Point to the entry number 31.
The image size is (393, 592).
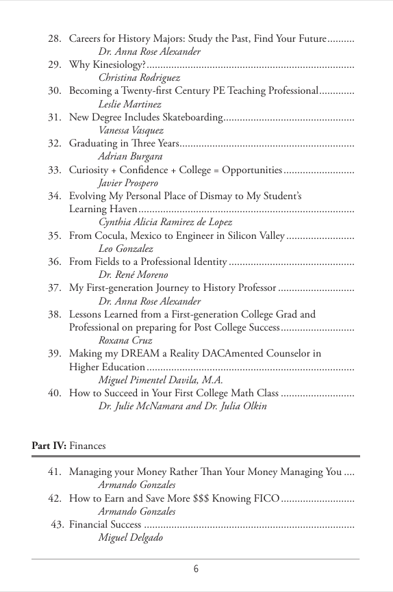pos(55,118)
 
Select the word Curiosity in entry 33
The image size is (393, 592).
pos(90,170)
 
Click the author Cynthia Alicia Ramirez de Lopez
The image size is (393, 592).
pos(165,222)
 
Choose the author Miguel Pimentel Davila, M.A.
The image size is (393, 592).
pos(161,380)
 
